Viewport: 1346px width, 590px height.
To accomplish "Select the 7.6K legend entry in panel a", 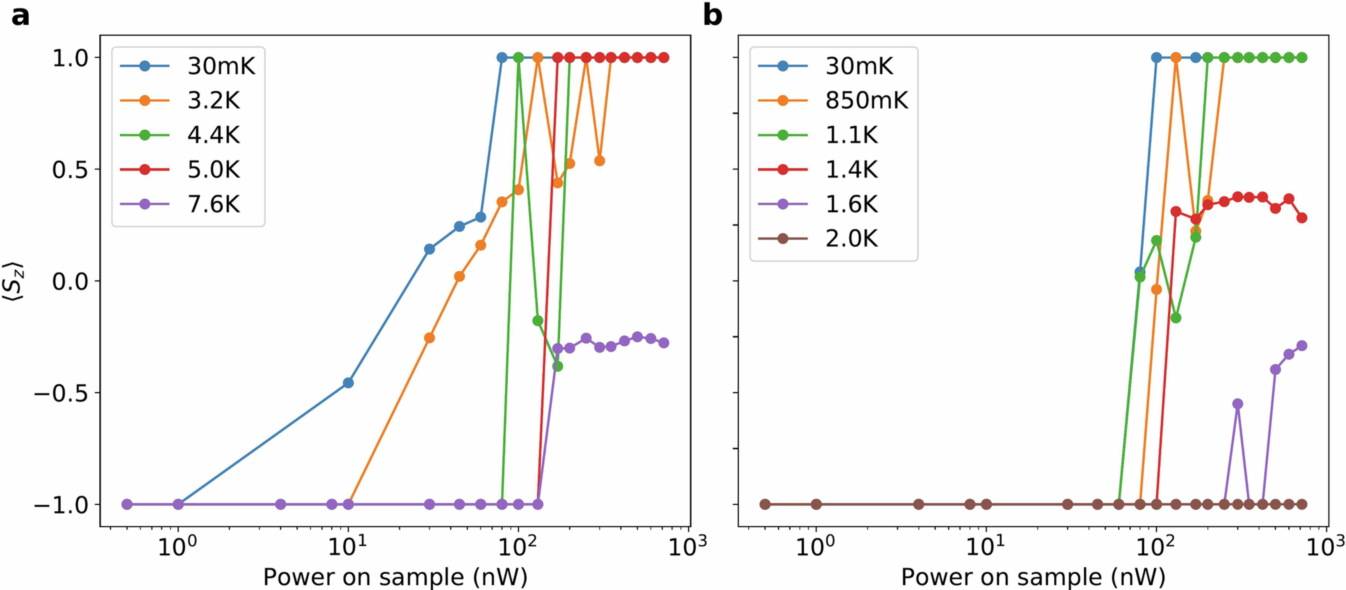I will click(213, 204).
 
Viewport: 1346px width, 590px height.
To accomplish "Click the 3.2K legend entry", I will click(213, 100).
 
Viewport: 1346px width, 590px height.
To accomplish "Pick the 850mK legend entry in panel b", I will click(866, 100).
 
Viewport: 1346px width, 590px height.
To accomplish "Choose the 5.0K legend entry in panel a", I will click(213, 170).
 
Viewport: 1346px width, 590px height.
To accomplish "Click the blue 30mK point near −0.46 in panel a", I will click(348, 383).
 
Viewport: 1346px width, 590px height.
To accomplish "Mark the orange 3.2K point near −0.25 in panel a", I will click(429, 338).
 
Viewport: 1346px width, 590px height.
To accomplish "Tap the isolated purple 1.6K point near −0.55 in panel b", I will click(1237, 404).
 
